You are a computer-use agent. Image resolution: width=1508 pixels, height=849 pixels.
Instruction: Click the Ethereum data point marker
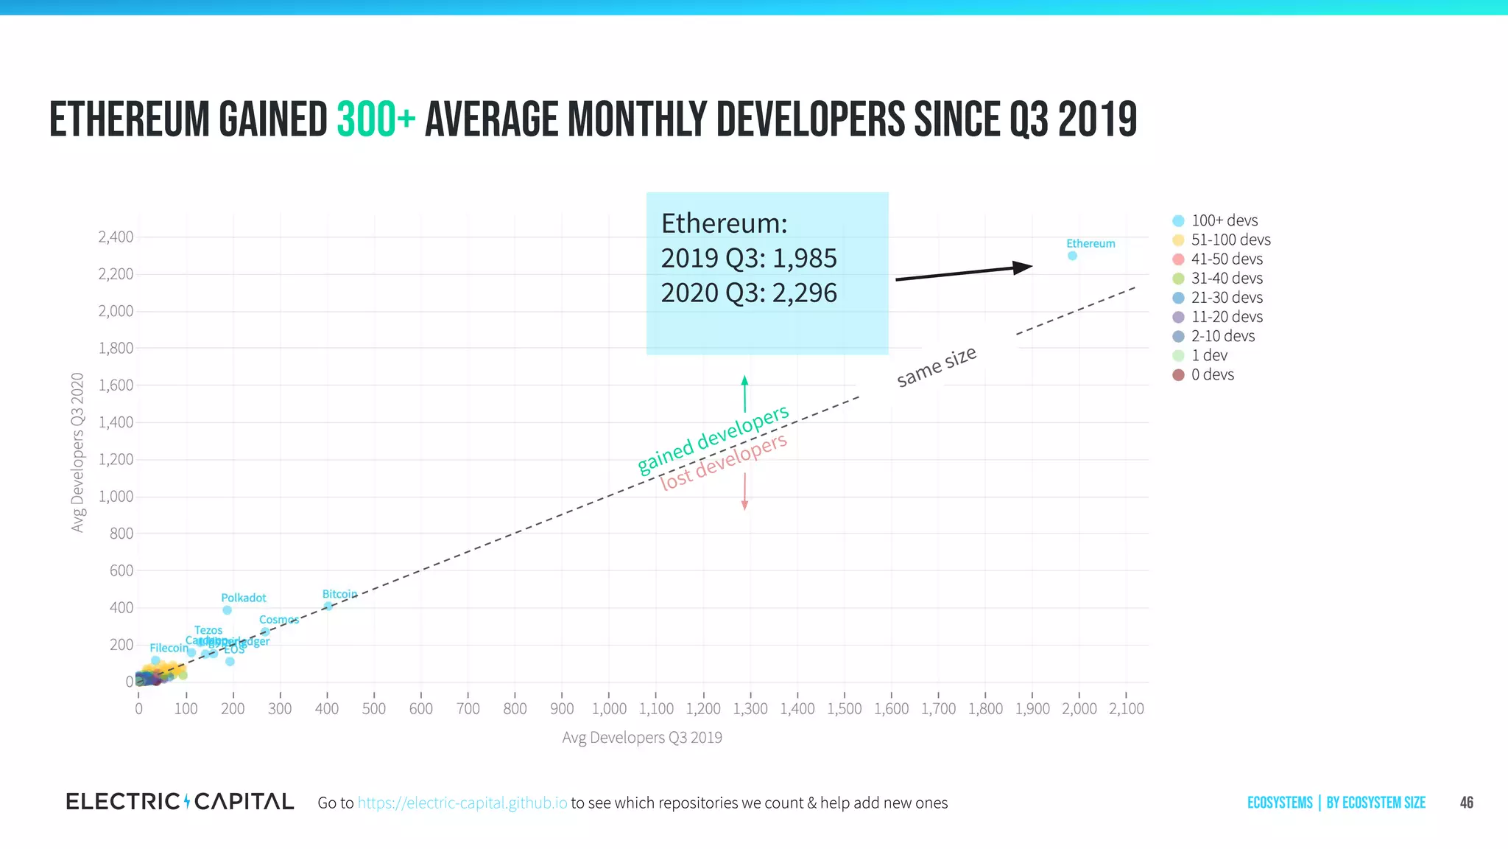pos(1072,256)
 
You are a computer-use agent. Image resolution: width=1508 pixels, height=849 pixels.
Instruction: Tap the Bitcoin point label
pos(339,594)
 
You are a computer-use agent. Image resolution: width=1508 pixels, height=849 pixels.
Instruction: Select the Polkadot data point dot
pos(227,610)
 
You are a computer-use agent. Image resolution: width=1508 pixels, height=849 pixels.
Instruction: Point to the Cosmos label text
pos(279,620)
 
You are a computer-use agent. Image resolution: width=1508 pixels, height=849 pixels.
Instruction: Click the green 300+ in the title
pos(376,120)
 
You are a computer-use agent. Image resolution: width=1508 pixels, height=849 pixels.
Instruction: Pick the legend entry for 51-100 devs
pos(1230,240)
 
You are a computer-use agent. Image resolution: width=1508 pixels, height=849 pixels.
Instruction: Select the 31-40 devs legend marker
pos(1178,279)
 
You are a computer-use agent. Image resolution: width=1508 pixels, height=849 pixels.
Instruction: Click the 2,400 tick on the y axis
pos(116,237)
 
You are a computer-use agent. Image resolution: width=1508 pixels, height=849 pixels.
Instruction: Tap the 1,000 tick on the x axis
pos(609,708)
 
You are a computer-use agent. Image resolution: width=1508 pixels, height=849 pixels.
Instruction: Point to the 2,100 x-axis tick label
pos(1126,708)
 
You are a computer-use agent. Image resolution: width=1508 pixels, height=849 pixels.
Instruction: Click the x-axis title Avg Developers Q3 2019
pos(642,737)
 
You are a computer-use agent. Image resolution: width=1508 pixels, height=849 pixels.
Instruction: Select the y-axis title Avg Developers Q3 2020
pos(77,452)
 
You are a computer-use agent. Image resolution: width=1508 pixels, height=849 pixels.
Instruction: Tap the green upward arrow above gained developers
pos(744,394)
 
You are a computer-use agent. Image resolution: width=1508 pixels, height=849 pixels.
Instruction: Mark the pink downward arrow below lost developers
pos(744,492)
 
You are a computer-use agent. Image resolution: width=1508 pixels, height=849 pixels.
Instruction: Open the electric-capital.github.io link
pos(462,803)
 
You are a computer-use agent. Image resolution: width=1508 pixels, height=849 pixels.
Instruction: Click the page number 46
pos(1466,803)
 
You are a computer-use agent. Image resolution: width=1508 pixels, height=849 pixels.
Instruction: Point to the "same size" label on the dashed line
pos(937,366)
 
